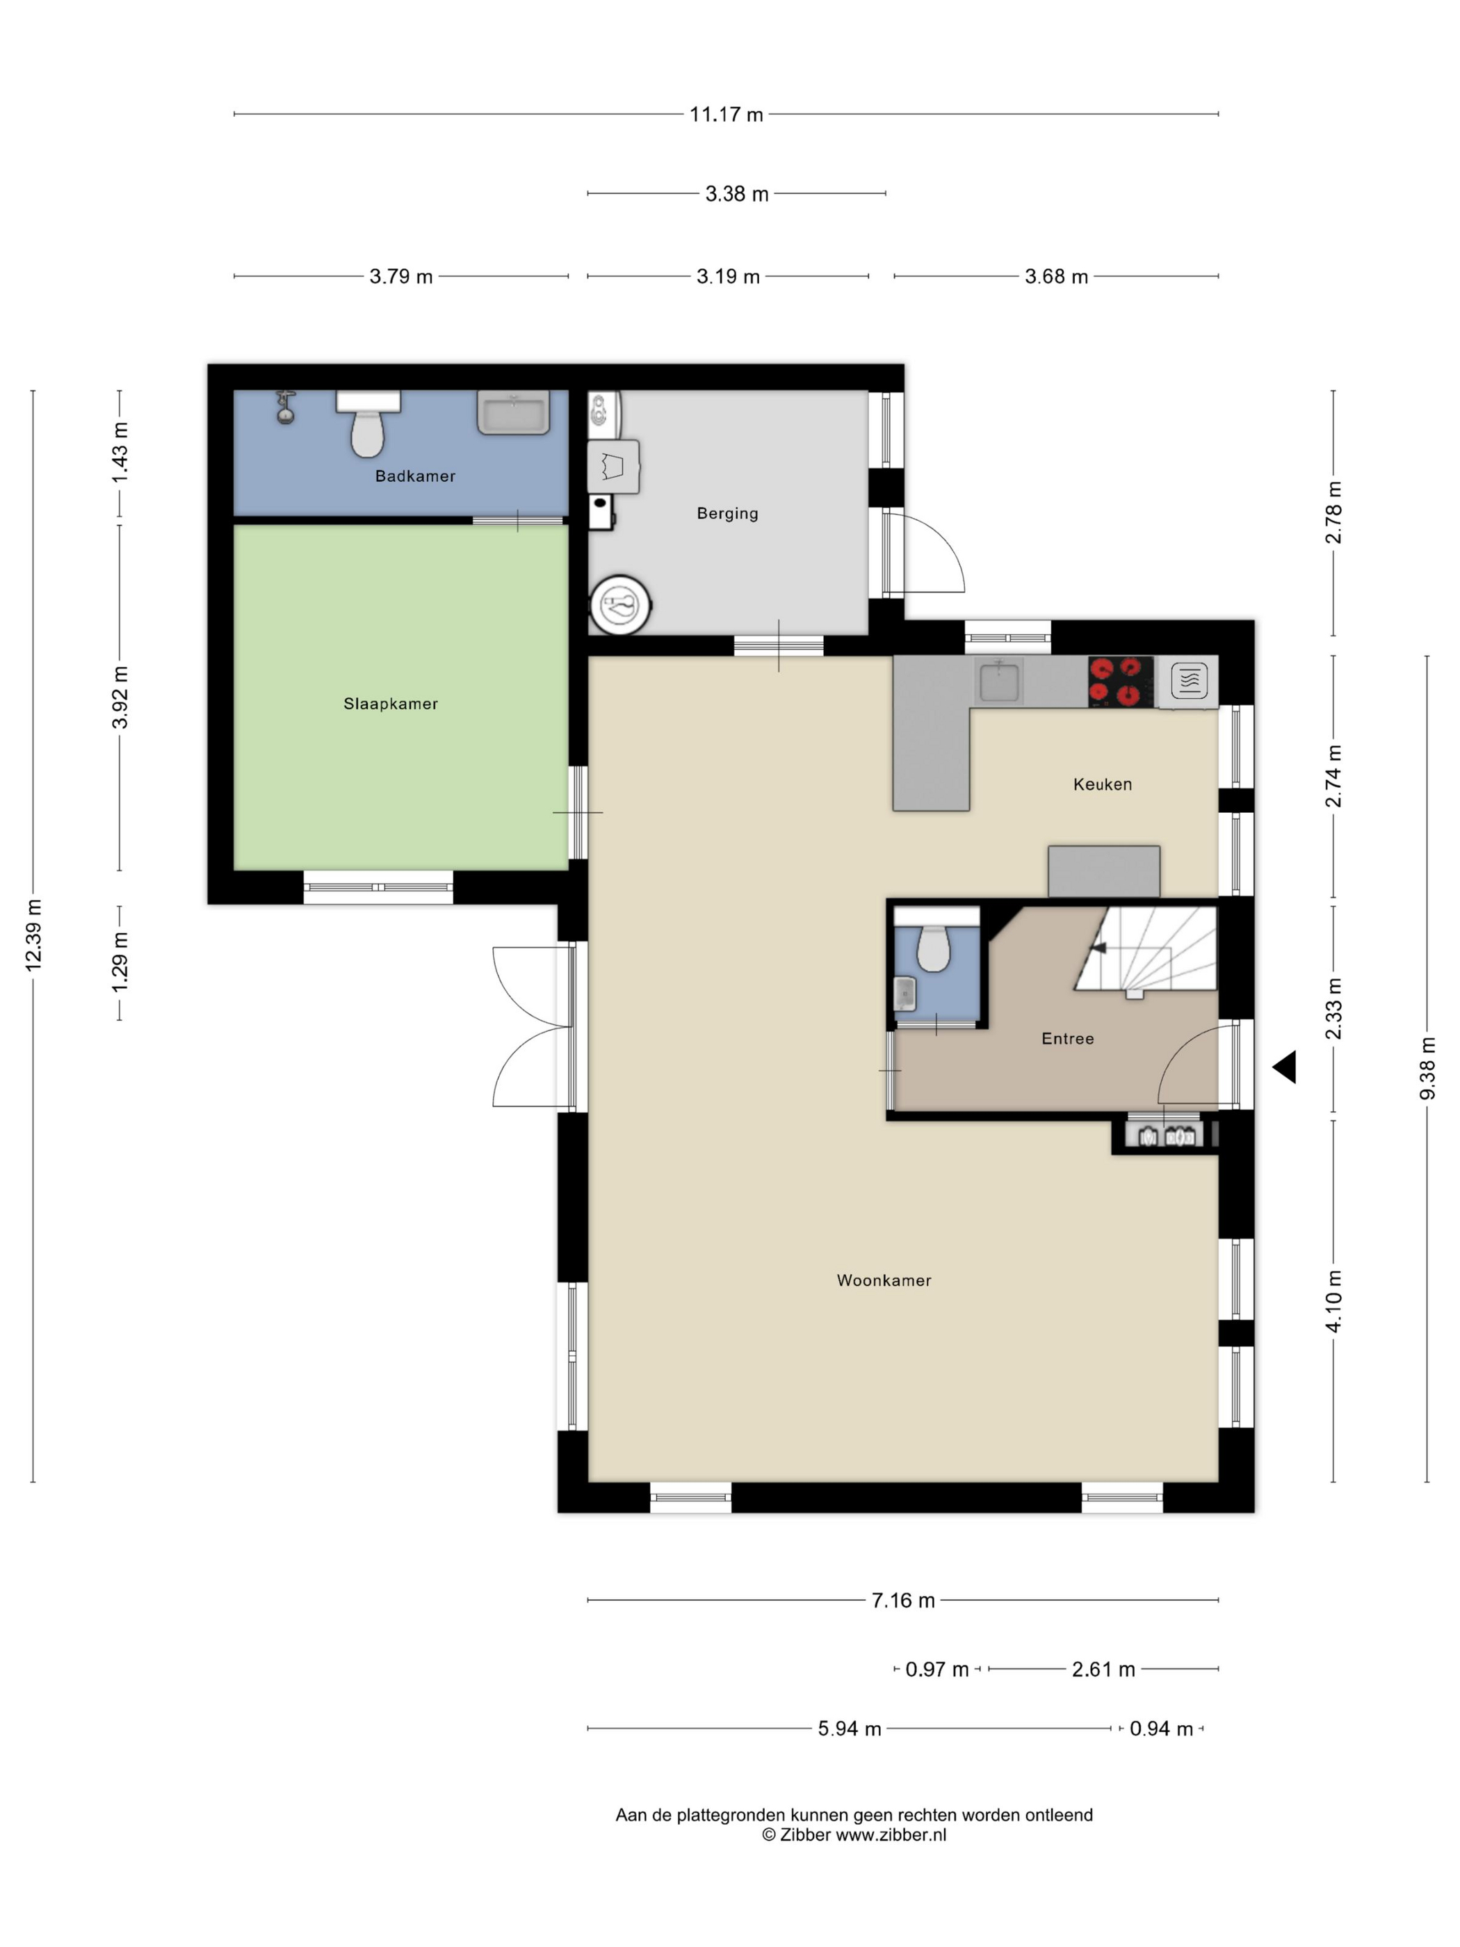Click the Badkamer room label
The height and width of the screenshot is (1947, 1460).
[x=414, y=476]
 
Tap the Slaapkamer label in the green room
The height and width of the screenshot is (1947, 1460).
[x=391, y=703]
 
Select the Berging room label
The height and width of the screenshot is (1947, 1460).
[x=727, y=513]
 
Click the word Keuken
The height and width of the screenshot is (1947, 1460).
[x=1102, y=784]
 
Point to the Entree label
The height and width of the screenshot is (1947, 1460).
[x=1067, y=1039]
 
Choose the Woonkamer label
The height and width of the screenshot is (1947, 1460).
[x=884, y=1281]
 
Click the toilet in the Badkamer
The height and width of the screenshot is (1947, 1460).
[x=368, y=424]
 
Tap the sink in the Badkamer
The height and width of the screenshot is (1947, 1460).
[x=514, y=413]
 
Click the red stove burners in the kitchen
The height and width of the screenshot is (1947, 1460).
[x=1120, y=682]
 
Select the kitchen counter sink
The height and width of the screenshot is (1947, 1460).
[x=999, y=682]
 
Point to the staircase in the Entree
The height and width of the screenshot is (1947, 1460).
[x=1144, y=950]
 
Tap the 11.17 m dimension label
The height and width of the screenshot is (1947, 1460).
[x=726, y=115]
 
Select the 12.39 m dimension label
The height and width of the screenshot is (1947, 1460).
[x=33, y=936]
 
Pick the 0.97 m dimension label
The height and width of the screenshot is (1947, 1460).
[x=936, y=1669]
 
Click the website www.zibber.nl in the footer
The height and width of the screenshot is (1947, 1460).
[x=891, y=1834]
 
